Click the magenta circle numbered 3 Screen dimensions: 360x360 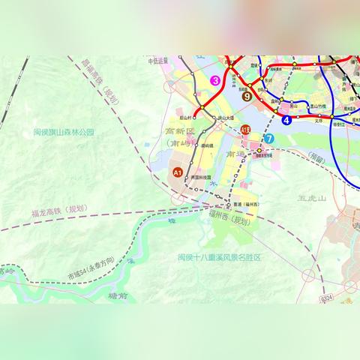pos(215,80)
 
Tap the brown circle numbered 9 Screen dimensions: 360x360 pos(247,95)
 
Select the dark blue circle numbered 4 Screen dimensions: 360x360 pos(286,119)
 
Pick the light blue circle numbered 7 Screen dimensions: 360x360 pos(268,138)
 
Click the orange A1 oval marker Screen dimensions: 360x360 pos(178,172)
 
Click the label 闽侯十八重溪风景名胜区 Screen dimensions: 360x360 pos(219,256)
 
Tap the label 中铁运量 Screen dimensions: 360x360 pos(156,62)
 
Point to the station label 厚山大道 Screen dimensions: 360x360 pos(226,118)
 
